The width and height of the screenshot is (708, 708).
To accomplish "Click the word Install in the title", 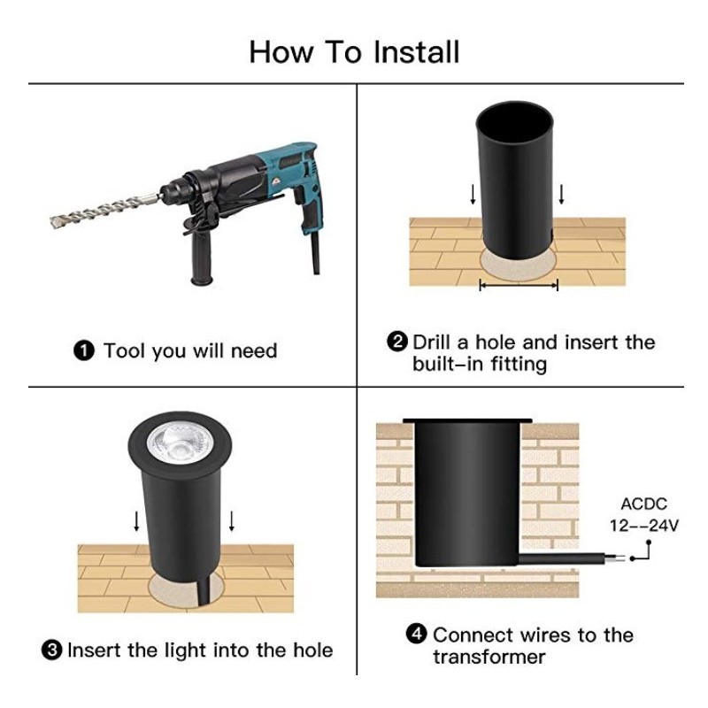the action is (x=416, y=52).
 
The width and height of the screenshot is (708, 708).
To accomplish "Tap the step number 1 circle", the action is (x=84, y=350).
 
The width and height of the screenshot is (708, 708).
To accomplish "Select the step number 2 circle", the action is (x=397, y=342).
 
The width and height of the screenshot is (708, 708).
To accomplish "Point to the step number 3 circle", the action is (x=52, y=650).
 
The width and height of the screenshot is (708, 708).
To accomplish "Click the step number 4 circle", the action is (x=416, y=633).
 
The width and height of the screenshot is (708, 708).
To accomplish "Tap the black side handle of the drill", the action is (x=201, y=255).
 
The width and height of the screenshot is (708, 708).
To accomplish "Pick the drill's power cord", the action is (x=316, y=252).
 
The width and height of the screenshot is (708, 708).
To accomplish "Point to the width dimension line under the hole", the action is (x=519, y=285).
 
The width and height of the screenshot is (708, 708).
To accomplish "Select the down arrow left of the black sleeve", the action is (x=473, y=194).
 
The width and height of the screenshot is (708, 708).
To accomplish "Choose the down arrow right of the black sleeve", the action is (x=561, y=194).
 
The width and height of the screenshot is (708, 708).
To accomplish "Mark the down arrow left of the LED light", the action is (x=136, y=521).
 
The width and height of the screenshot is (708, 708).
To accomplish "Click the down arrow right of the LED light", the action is (x=232, y=521).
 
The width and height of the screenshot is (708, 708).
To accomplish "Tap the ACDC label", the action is (x=644, y=504).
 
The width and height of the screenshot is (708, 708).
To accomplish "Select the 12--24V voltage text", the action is (x=644, y=526).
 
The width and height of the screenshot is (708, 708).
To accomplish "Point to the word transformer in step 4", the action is (x=489, y=657).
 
